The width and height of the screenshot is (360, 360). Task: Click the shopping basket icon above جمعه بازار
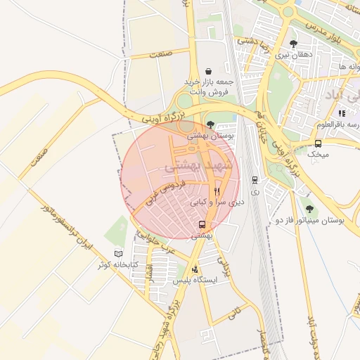coord(209,71)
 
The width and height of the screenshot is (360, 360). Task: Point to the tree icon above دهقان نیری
coord(283,44)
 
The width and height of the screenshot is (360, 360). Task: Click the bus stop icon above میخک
coord(319,143)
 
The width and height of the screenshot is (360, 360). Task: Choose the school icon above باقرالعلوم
coord(342,113)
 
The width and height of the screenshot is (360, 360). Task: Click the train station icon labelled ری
coord(255,180)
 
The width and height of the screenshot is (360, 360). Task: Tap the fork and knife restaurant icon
coord(217,191)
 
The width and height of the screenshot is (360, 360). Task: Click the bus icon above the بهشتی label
coord(203,225)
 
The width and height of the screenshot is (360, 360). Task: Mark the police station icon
coord(195,269)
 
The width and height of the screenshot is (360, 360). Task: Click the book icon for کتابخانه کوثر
coord(117,254)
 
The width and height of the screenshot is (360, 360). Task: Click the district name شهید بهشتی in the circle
coord(184,165)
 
